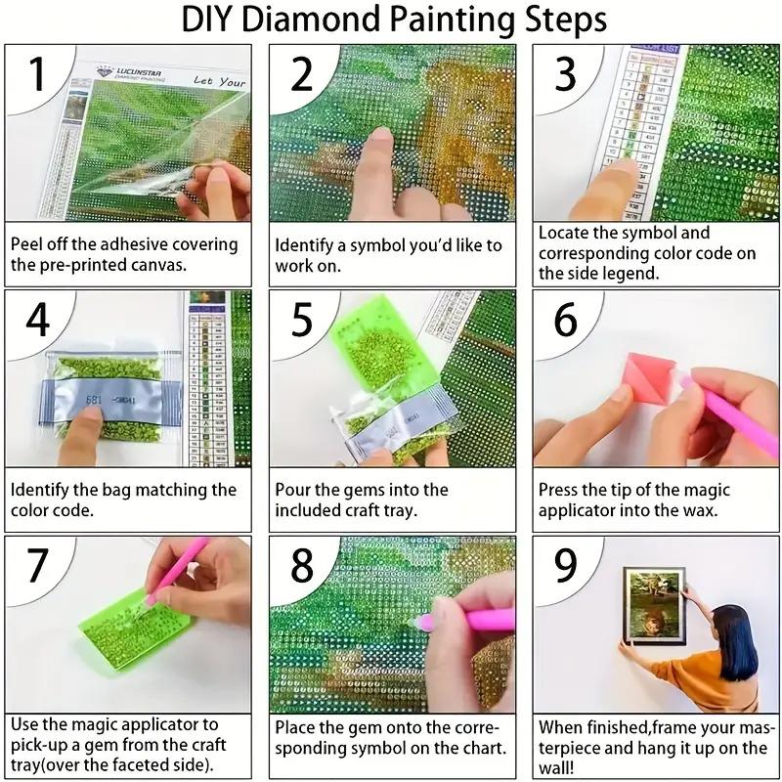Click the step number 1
(38, 75)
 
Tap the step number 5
(302, 320)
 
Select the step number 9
(565, 565)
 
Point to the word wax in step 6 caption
(695, 510)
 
